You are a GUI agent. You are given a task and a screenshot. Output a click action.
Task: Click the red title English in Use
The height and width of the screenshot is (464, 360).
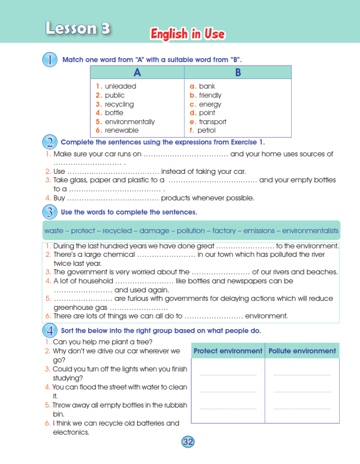187,34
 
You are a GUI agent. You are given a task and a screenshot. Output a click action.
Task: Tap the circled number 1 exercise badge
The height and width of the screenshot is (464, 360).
50,59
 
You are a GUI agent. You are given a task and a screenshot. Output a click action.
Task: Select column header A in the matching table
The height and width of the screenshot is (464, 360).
137,72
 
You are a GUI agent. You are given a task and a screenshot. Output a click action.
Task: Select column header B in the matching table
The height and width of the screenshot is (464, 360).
238,72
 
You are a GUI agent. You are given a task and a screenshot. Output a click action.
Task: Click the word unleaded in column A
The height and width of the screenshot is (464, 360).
120,86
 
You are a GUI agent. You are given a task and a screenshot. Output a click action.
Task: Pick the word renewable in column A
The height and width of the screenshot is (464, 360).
121,130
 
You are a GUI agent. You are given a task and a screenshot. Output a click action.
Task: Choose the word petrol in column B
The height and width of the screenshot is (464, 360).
207,130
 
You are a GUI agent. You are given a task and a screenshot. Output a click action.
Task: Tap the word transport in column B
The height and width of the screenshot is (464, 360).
212,121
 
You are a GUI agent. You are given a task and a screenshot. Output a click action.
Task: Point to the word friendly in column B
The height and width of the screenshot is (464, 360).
210,95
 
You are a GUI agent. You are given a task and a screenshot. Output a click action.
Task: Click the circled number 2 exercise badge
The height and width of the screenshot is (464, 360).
50,142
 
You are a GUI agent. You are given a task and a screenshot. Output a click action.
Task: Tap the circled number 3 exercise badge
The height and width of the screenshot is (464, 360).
50,212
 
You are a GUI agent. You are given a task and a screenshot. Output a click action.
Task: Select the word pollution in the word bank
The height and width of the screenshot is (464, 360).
191,231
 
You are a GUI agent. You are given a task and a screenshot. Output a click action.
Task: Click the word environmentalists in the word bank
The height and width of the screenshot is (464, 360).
310,231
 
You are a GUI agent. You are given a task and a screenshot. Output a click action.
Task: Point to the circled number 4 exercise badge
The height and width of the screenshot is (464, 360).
50,330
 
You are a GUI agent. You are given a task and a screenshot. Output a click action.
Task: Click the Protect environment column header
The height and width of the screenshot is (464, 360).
228,351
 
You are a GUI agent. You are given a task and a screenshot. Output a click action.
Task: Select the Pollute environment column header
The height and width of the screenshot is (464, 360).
302,351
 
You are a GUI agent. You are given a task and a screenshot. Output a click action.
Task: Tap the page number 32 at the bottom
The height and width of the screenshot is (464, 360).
188,442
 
